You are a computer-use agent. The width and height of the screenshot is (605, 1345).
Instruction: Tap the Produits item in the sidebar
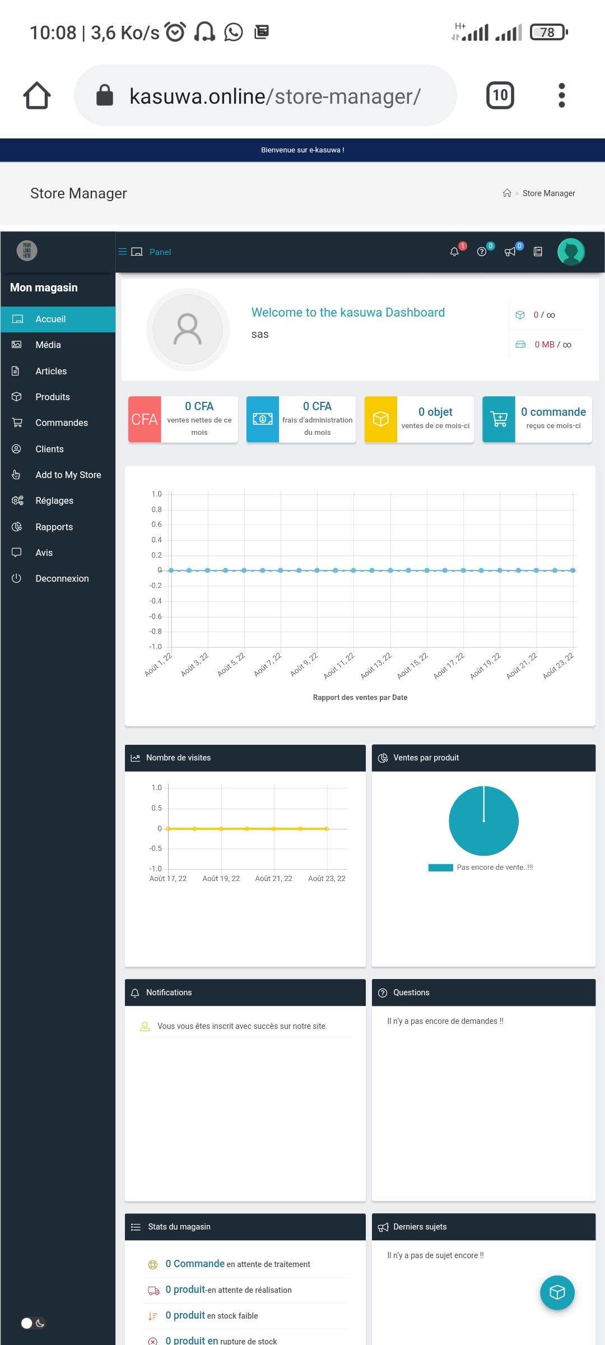pos(52,397)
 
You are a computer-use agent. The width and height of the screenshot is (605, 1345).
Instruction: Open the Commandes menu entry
pos(61,423)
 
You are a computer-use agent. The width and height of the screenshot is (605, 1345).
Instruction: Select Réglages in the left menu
pos(54,500)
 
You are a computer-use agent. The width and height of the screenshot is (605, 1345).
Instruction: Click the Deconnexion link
pos(62,578)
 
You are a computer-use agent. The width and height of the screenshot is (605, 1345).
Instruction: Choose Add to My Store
pos(68,475)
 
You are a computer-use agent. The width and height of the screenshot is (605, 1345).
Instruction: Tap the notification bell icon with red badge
pos(455,252)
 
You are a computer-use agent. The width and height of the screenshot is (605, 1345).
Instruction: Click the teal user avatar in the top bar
pos(571,252)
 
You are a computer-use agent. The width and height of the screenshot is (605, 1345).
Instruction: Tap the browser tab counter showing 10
pos(500,95)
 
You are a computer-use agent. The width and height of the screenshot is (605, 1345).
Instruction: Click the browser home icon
pos(37,95)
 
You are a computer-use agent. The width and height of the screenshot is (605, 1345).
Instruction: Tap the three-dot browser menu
pos(562,95)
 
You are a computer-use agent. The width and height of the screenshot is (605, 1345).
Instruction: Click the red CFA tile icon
pos(145,419)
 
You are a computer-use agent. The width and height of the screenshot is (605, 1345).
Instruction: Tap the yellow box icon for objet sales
pos(381,419)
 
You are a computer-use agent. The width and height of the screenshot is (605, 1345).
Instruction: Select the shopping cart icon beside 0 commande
pos(499,419)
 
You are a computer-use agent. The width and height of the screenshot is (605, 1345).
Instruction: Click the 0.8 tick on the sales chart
pos(156,509)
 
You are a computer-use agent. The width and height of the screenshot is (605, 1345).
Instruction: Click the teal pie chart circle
pos(484,821)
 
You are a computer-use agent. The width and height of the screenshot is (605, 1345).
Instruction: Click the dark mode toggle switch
pos(33,1323)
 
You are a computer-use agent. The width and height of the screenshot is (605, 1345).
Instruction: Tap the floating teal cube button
pos(557,1292)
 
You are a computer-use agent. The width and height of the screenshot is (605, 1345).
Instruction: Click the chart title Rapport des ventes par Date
pos(360,697)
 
